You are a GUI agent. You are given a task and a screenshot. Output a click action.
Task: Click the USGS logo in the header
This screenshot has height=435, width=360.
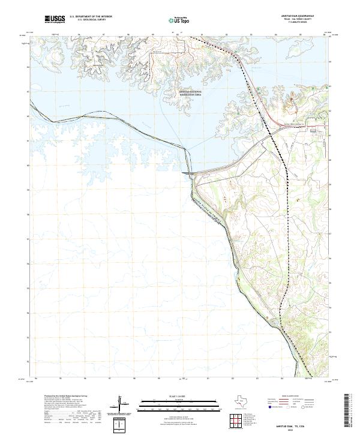[55, 19]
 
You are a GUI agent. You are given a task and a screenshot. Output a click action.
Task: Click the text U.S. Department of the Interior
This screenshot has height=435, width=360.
[90, 17]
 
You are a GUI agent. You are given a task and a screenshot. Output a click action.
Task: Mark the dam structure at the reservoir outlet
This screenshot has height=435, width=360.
[187, 173]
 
